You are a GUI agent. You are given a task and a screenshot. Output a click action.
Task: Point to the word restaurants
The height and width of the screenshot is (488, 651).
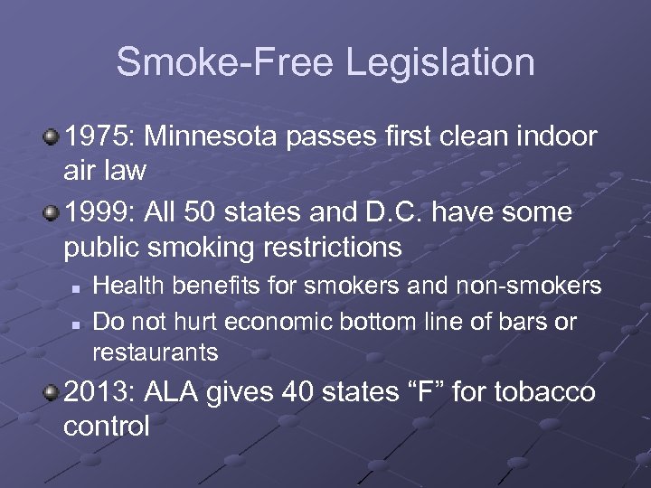pos(156,352)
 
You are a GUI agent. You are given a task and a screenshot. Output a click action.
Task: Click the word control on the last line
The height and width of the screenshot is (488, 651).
pos(107,425)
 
